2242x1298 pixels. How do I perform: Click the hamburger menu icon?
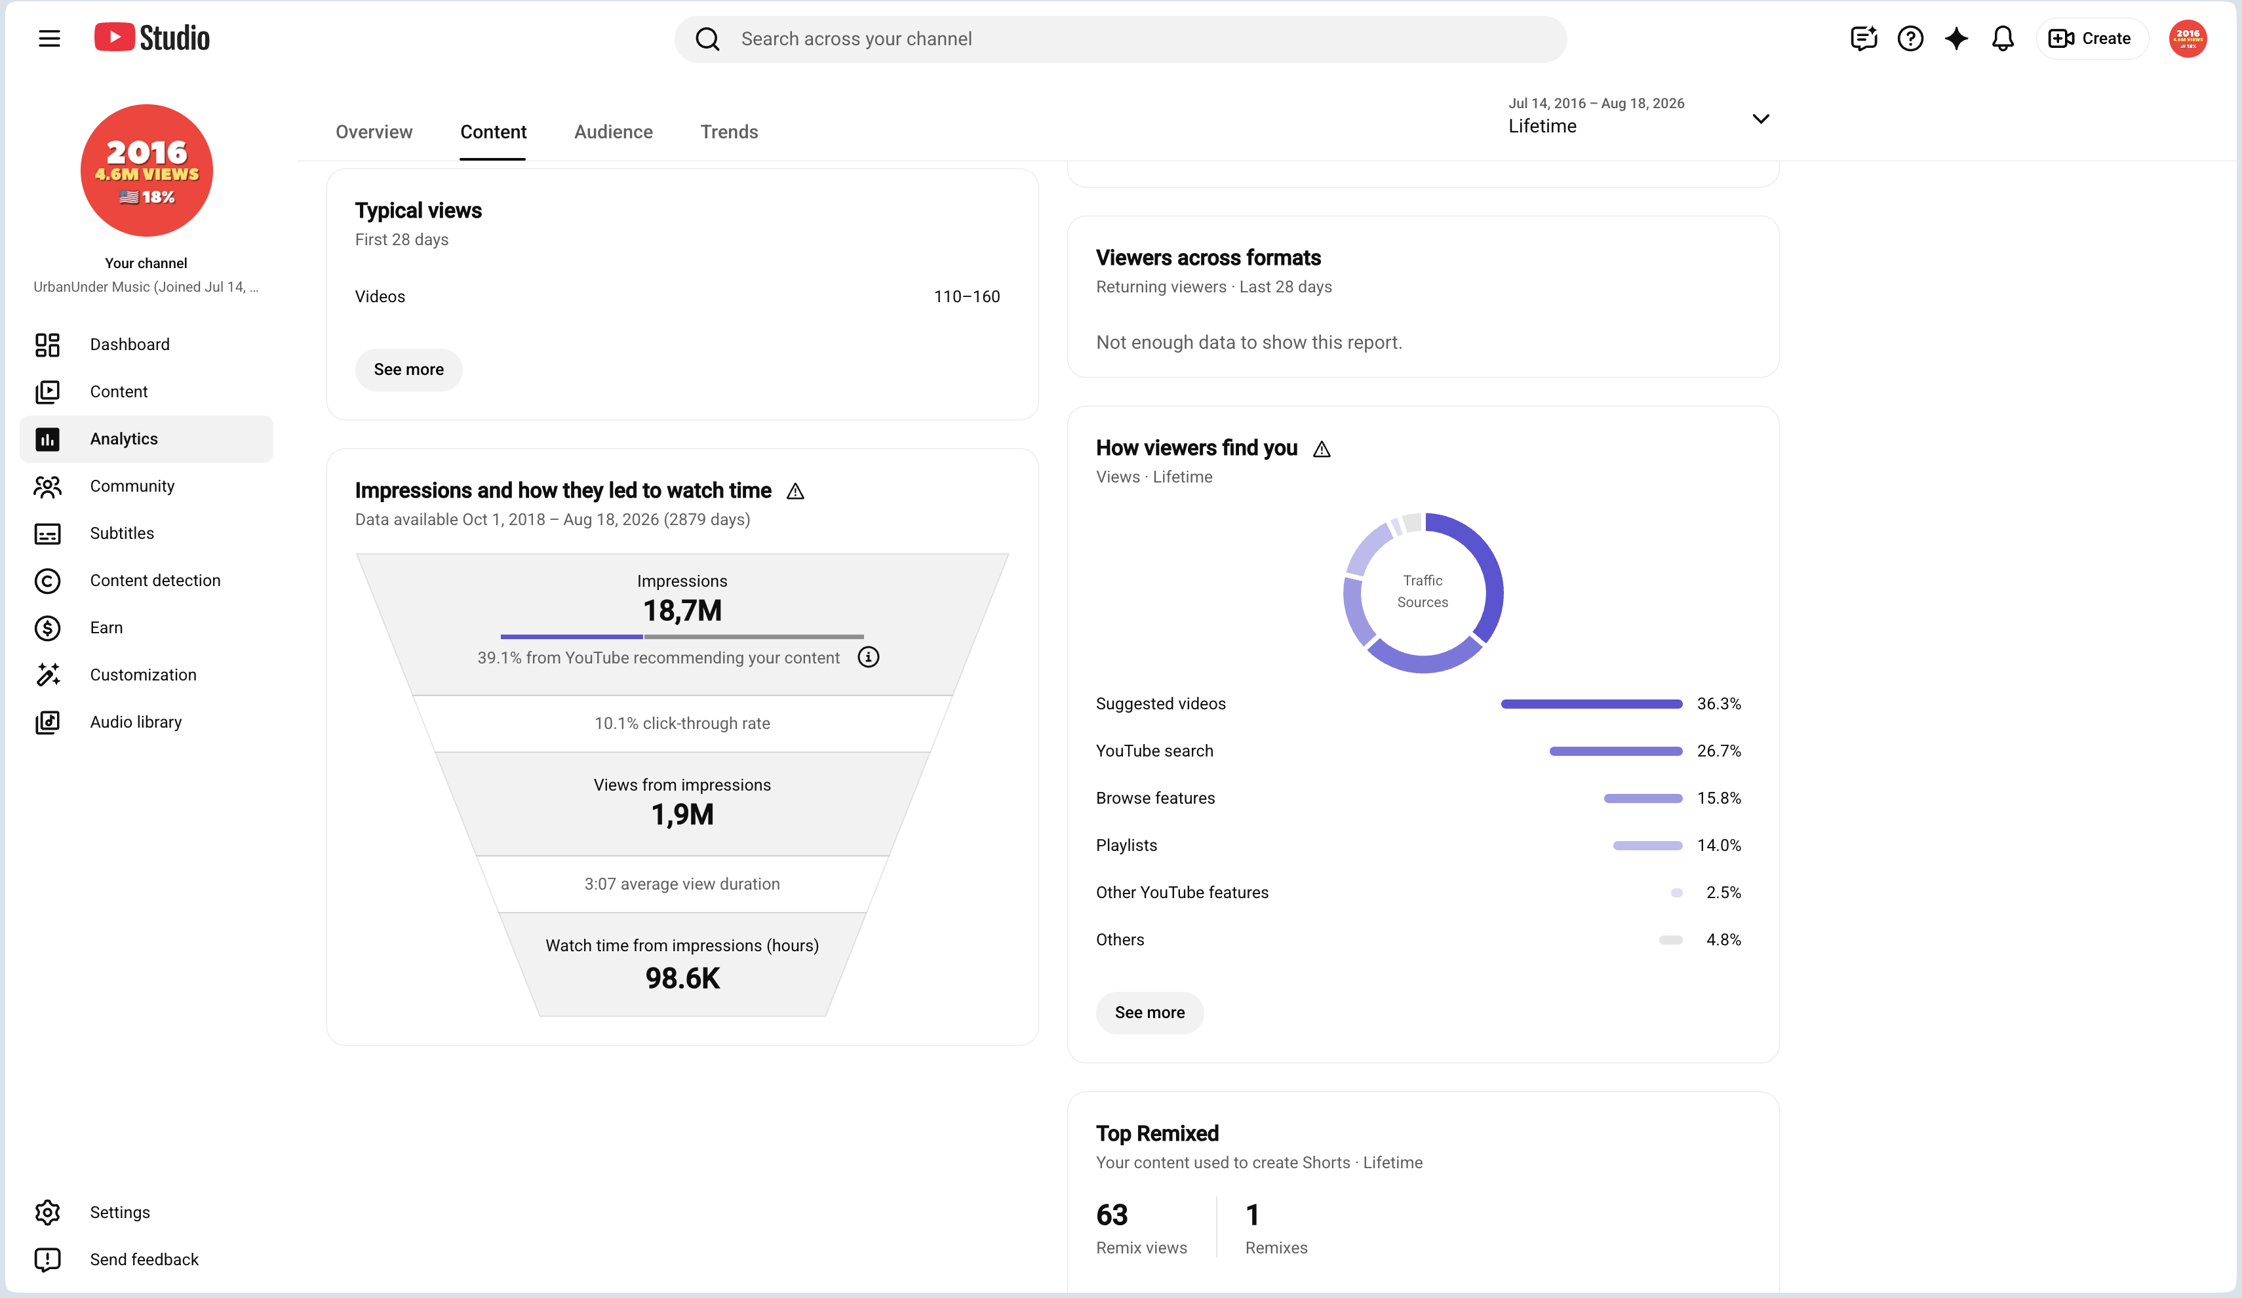point(49,38)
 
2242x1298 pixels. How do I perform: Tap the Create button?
point(2091,38)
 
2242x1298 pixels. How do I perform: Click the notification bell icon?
point(2003,38)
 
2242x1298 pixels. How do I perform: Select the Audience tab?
point(613,132)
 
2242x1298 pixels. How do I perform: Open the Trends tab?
point(729,132)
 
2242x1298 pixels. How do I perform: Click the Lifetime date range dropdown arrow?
point(1760,118)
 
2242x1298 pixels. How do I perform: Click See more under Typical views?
point(408,369)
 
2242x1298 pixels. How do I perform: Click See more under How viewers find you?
point(1149,1012)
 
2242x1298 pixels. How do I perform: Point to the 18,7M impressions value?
point(682,610)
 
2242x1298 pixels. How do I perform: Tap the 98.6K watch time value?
point(682,977)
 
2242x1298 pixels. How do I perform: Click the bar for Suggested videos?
point(1592,703)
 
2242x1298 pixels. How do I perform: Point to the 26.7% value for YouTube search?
point(1719,751)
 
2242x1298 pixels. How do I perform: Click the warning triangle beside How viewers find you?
point(1322,449)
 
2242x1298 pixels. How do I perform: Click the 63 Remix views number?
point(1112,1214)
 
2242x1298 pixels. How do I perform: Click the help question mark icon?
point(1910,38)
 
